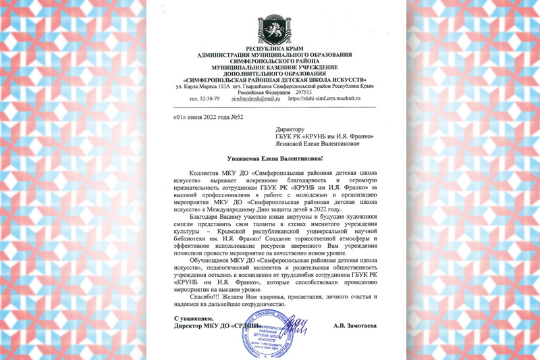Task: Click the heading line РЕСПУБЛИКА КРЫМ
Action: (270, 50)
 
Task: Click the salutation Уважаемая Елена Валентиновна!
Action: (270, 158)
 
